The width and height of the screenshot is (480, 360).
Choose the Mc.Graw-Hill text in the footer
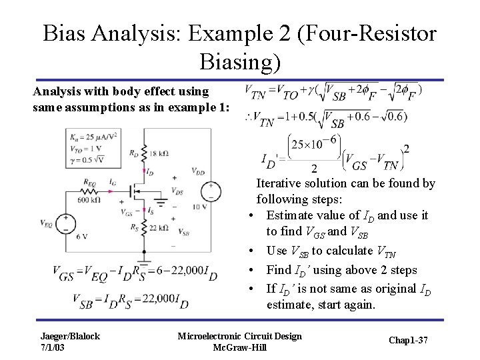click(x=239, y=347)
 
